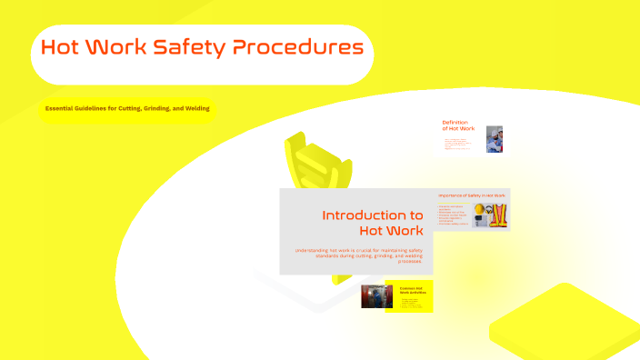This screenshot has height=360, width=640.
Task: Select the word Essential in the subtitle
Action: pyautogui.click(x=61, y=108)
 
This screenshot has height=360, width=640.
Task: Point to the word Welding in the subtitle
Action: pyautogui.click(x=196, y=108)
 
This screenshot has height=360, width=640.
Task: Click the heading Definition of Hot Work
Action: pyautogui.click(x=458, y=125)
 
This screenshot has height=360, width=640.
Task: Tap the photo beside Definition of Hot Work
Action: pyautogui.click(x=495, y=139)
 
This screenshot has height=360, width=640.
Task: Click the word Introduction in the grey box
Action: pyautogui.click(x=373, y=215)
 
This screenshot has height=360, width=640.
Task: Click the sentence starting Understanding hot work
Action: pyautogui.click(x=358, y=255)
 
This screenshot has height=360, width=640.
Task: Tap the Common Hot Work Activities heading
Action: pyautogui.click(x=412, y=290)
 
